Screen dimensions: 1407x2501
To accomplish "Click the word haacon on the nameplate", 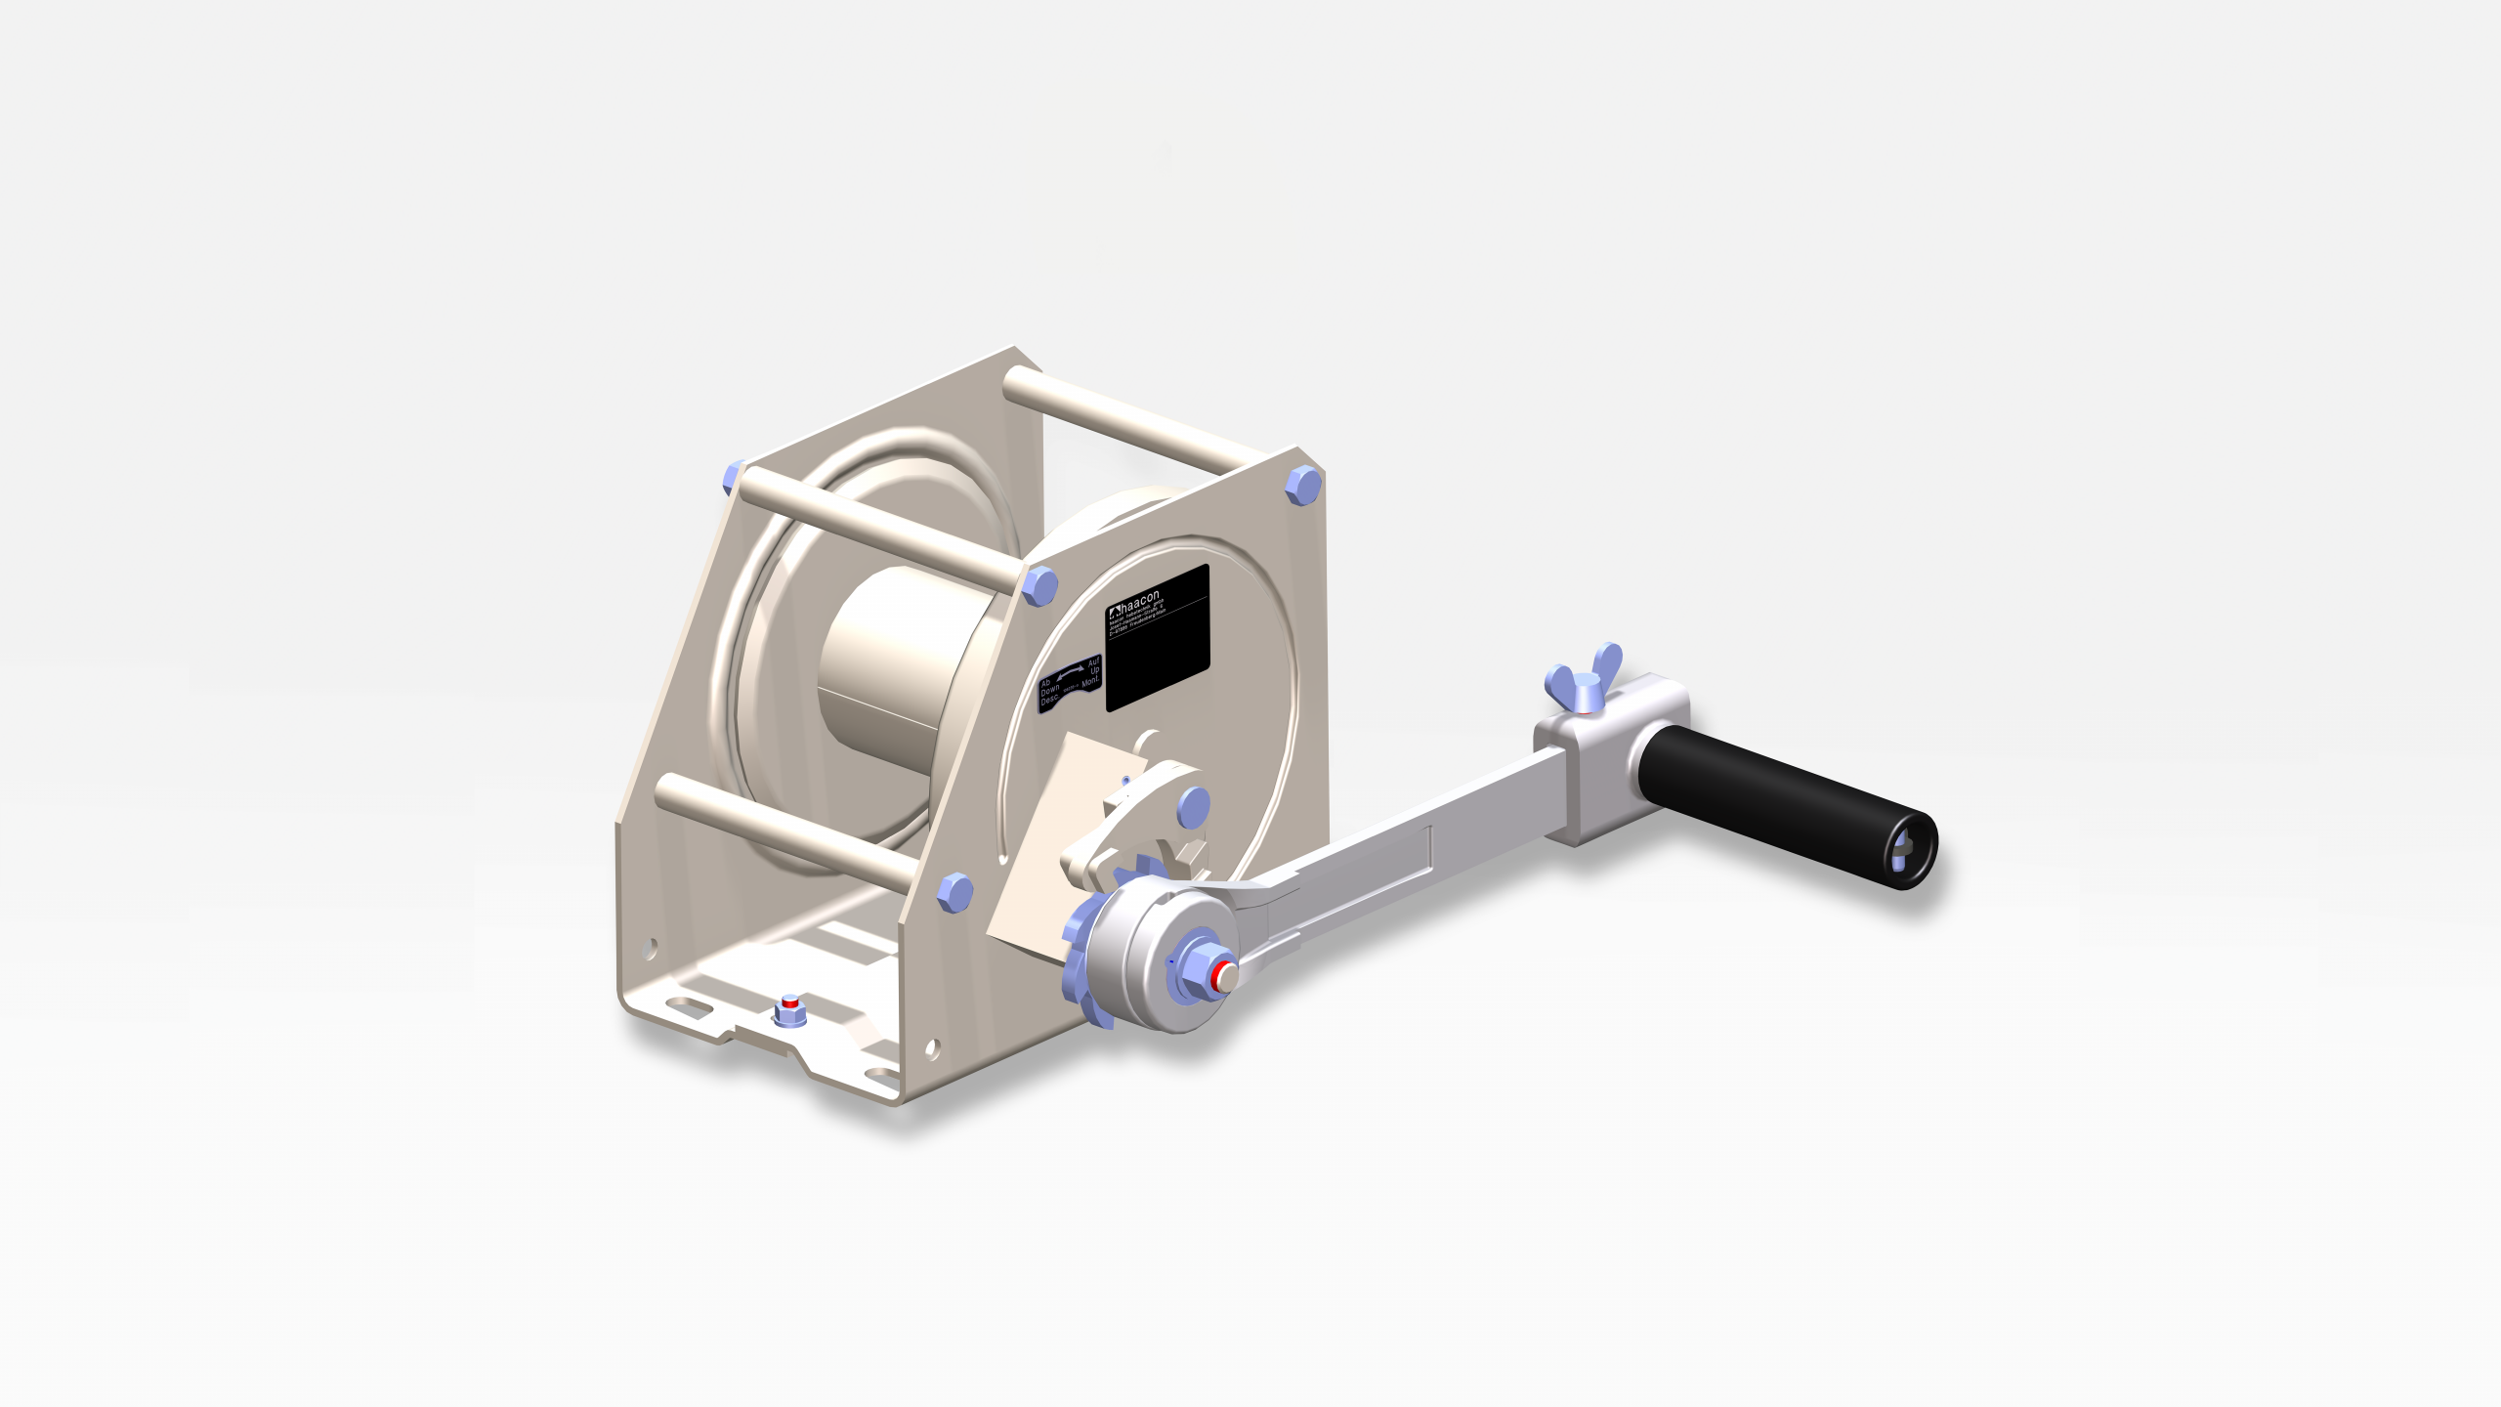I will [x=1140, y=600].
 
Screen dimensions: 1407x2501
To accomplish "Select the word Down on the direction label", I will [x=1049, y=690].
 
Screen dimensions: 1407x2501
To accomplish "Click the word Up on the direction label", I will [x=1094, y=670].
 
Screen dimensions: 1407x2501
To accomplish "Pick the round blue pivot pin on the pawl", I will [x=1193, y=807].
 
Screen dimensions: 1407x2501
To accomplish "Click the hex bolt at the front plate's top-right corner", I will [x=1302, y=485].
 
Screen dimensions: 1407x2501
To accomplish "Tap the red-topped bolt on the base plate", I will [x=789, y=1007].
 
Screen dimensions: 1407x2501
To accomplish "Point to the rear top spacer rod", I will [x=1133, y=420].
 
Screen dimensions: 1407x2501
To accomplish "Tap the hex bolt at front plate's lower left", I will [x=954, y=891].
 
